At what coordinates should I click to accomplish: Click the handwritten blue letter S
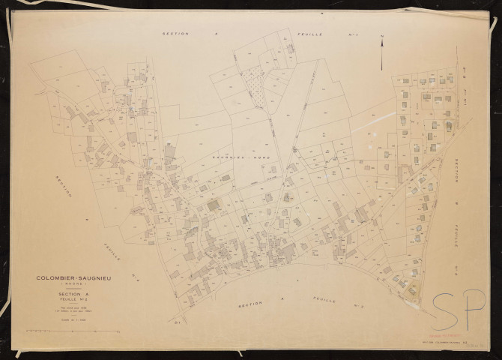coord(446,306)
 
